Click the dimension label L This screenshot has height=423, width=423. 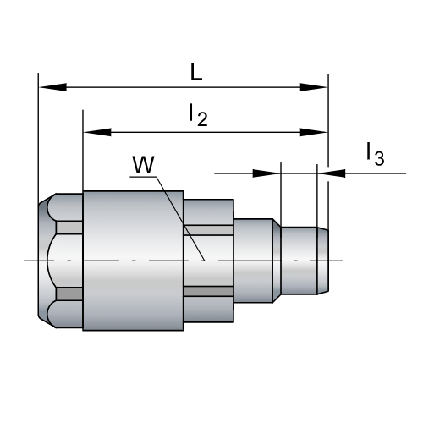(x=195, y=73)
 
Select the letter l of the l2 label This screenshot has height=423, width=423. (x=191, y=114)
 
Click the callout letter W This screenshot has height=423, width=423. (x=143, y=163)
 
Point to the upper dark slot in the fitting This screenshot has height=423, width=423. (x=208, y=229)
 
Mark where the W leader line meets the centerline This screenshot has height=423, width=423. (x=204, y=260)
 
